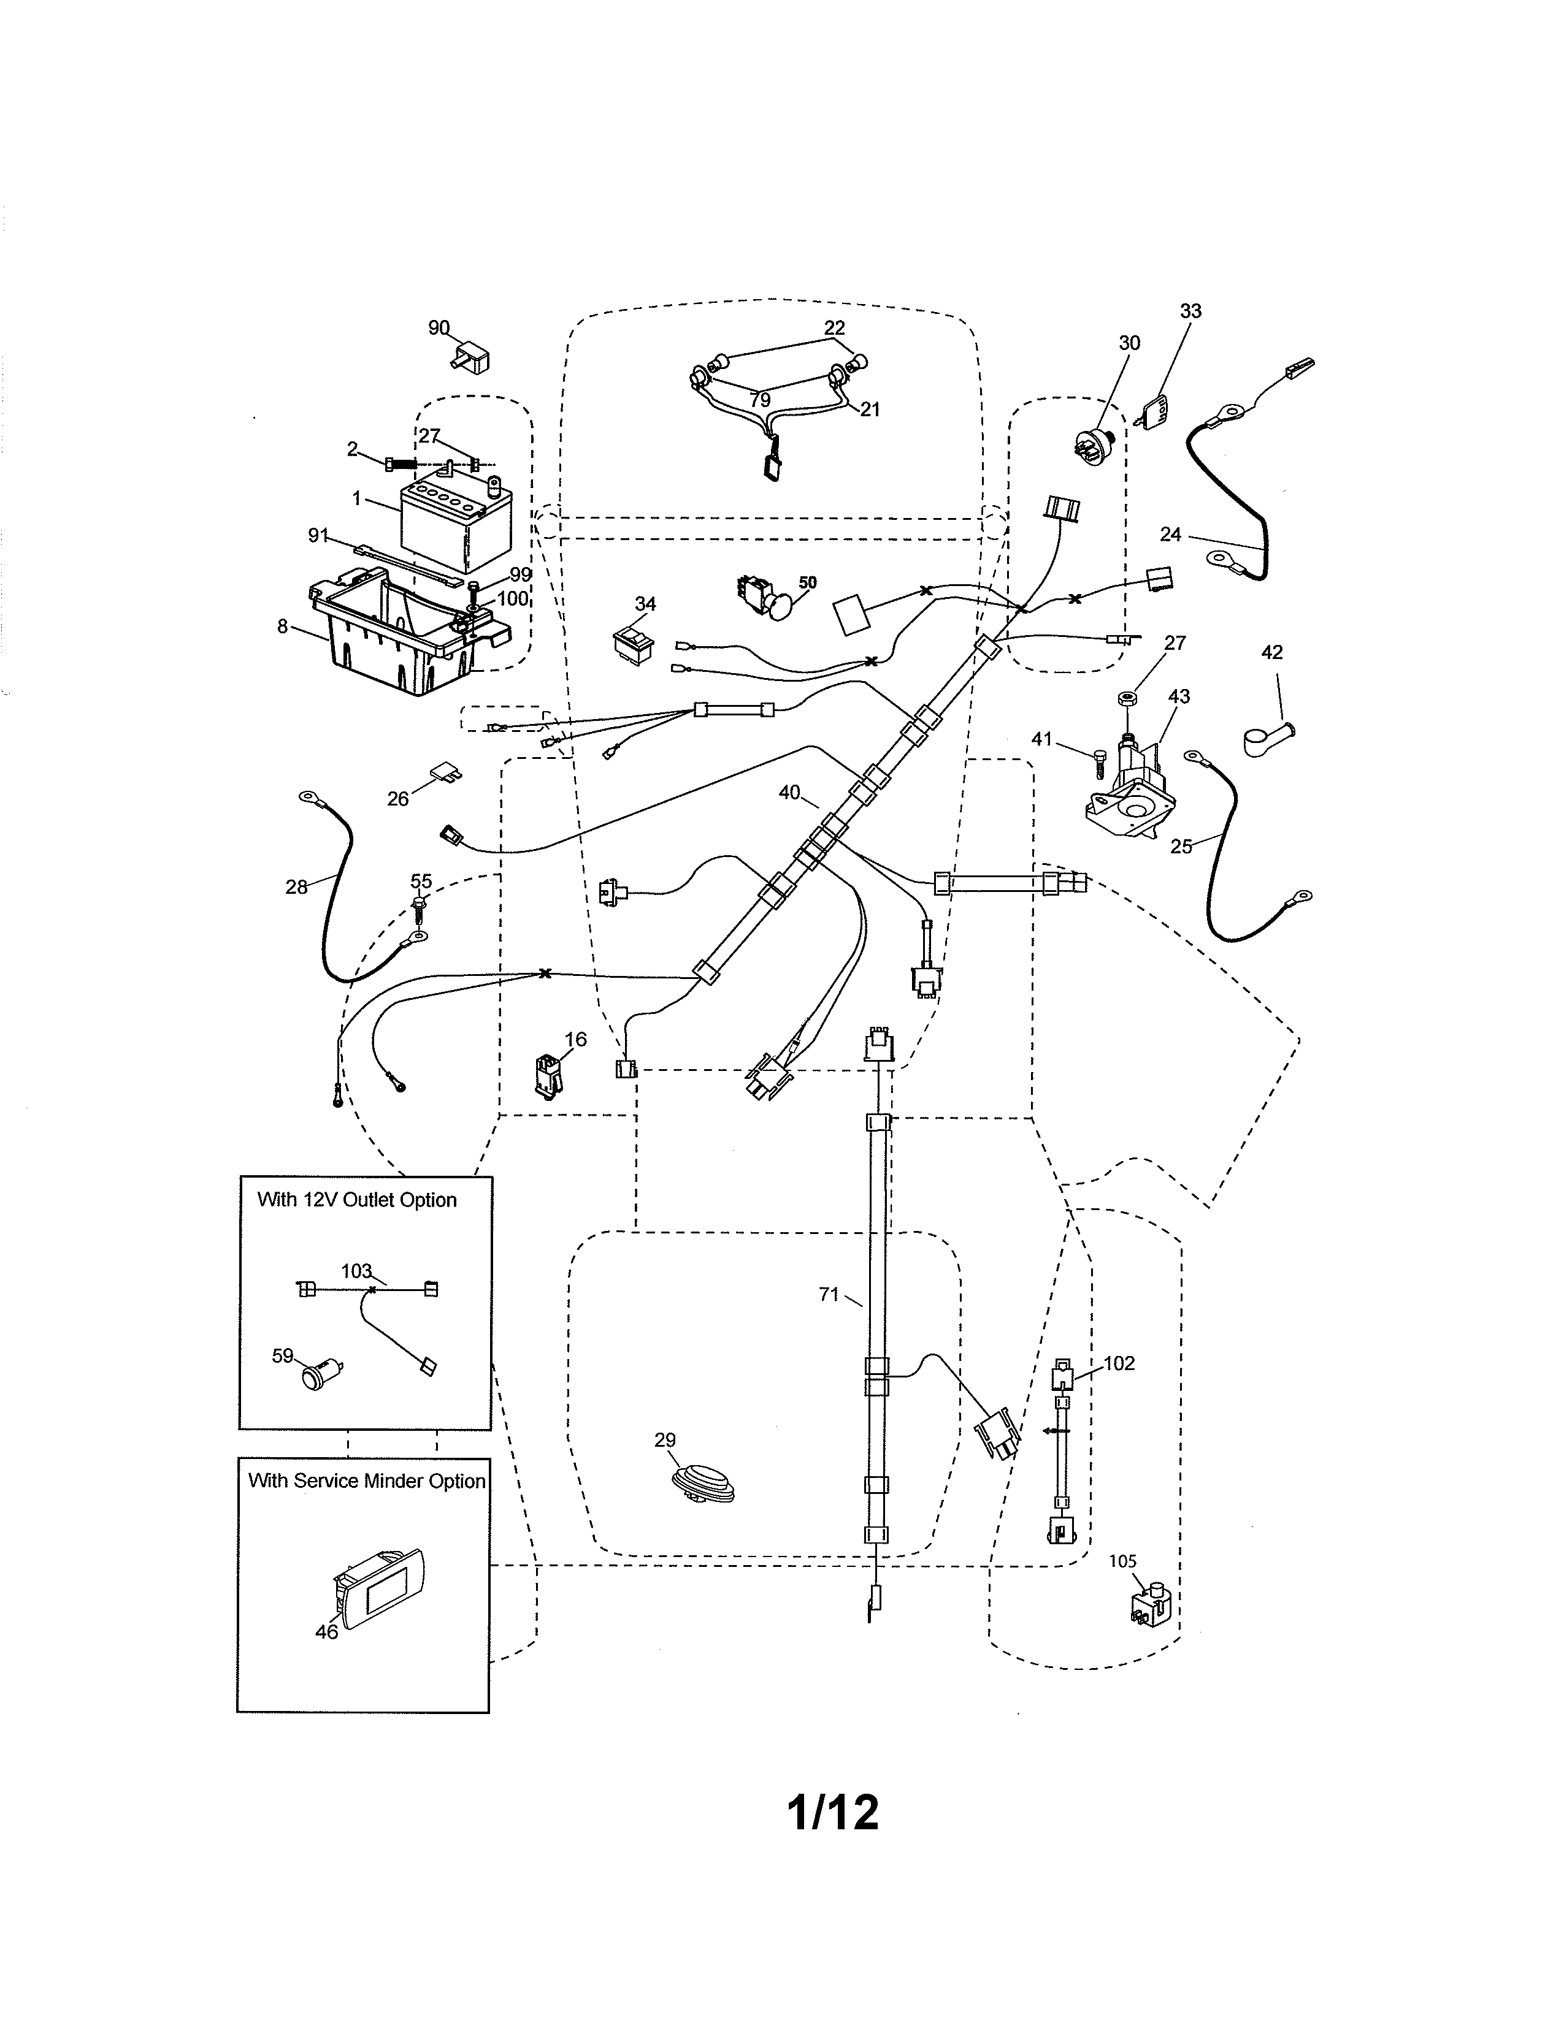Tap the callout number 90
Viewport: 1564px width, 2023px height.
(x=439, y=328)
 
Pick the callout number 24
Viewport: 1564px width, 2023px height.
(x=1170, y=535)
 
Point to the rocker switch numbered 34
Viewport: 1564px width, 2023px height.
(x=633, y=646)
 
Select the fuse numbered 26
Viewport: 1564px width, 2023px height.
(x=447, y=772)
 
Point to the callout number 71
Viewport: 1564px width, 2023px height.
(x=829, y=1295)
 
